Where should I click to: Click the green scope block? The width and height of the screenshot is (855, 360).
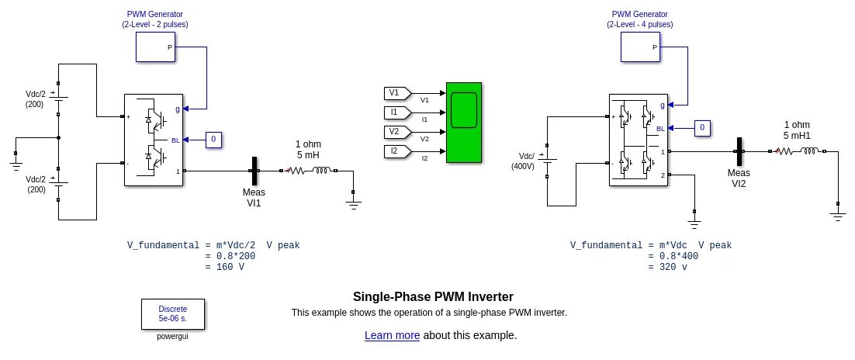coord(463,122)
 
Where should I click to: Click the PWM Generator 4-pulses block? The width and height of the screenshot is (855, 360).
coord(641,47)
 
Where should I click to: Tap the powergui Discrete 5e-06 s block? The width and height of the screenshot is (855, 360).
coord(172,313)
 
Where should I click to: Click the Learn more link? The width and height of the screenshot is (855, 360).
coord(392,335)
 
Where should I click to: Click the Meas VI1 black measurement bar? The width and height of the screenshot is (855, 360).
coord(254,171)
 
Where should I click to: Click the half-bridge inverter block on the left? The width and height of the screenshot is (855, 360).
coord(154,140)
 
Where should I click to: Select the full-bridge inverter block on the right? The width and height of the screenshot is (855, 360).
coord(638,140)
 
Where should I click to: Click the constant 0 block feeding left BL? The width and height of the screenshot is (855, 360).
coord(214,140)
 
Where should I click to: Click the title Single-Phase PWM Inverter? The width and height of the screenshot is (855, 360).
coord(433,296)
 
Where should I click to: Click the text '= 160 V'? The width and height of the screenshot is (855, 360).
coord(225,267)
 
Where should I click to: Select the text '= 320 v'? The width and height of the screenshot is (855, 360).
coord(667,267)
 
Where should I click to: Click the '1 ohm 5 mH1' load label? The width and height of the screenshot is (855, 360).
coord(797,130)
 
